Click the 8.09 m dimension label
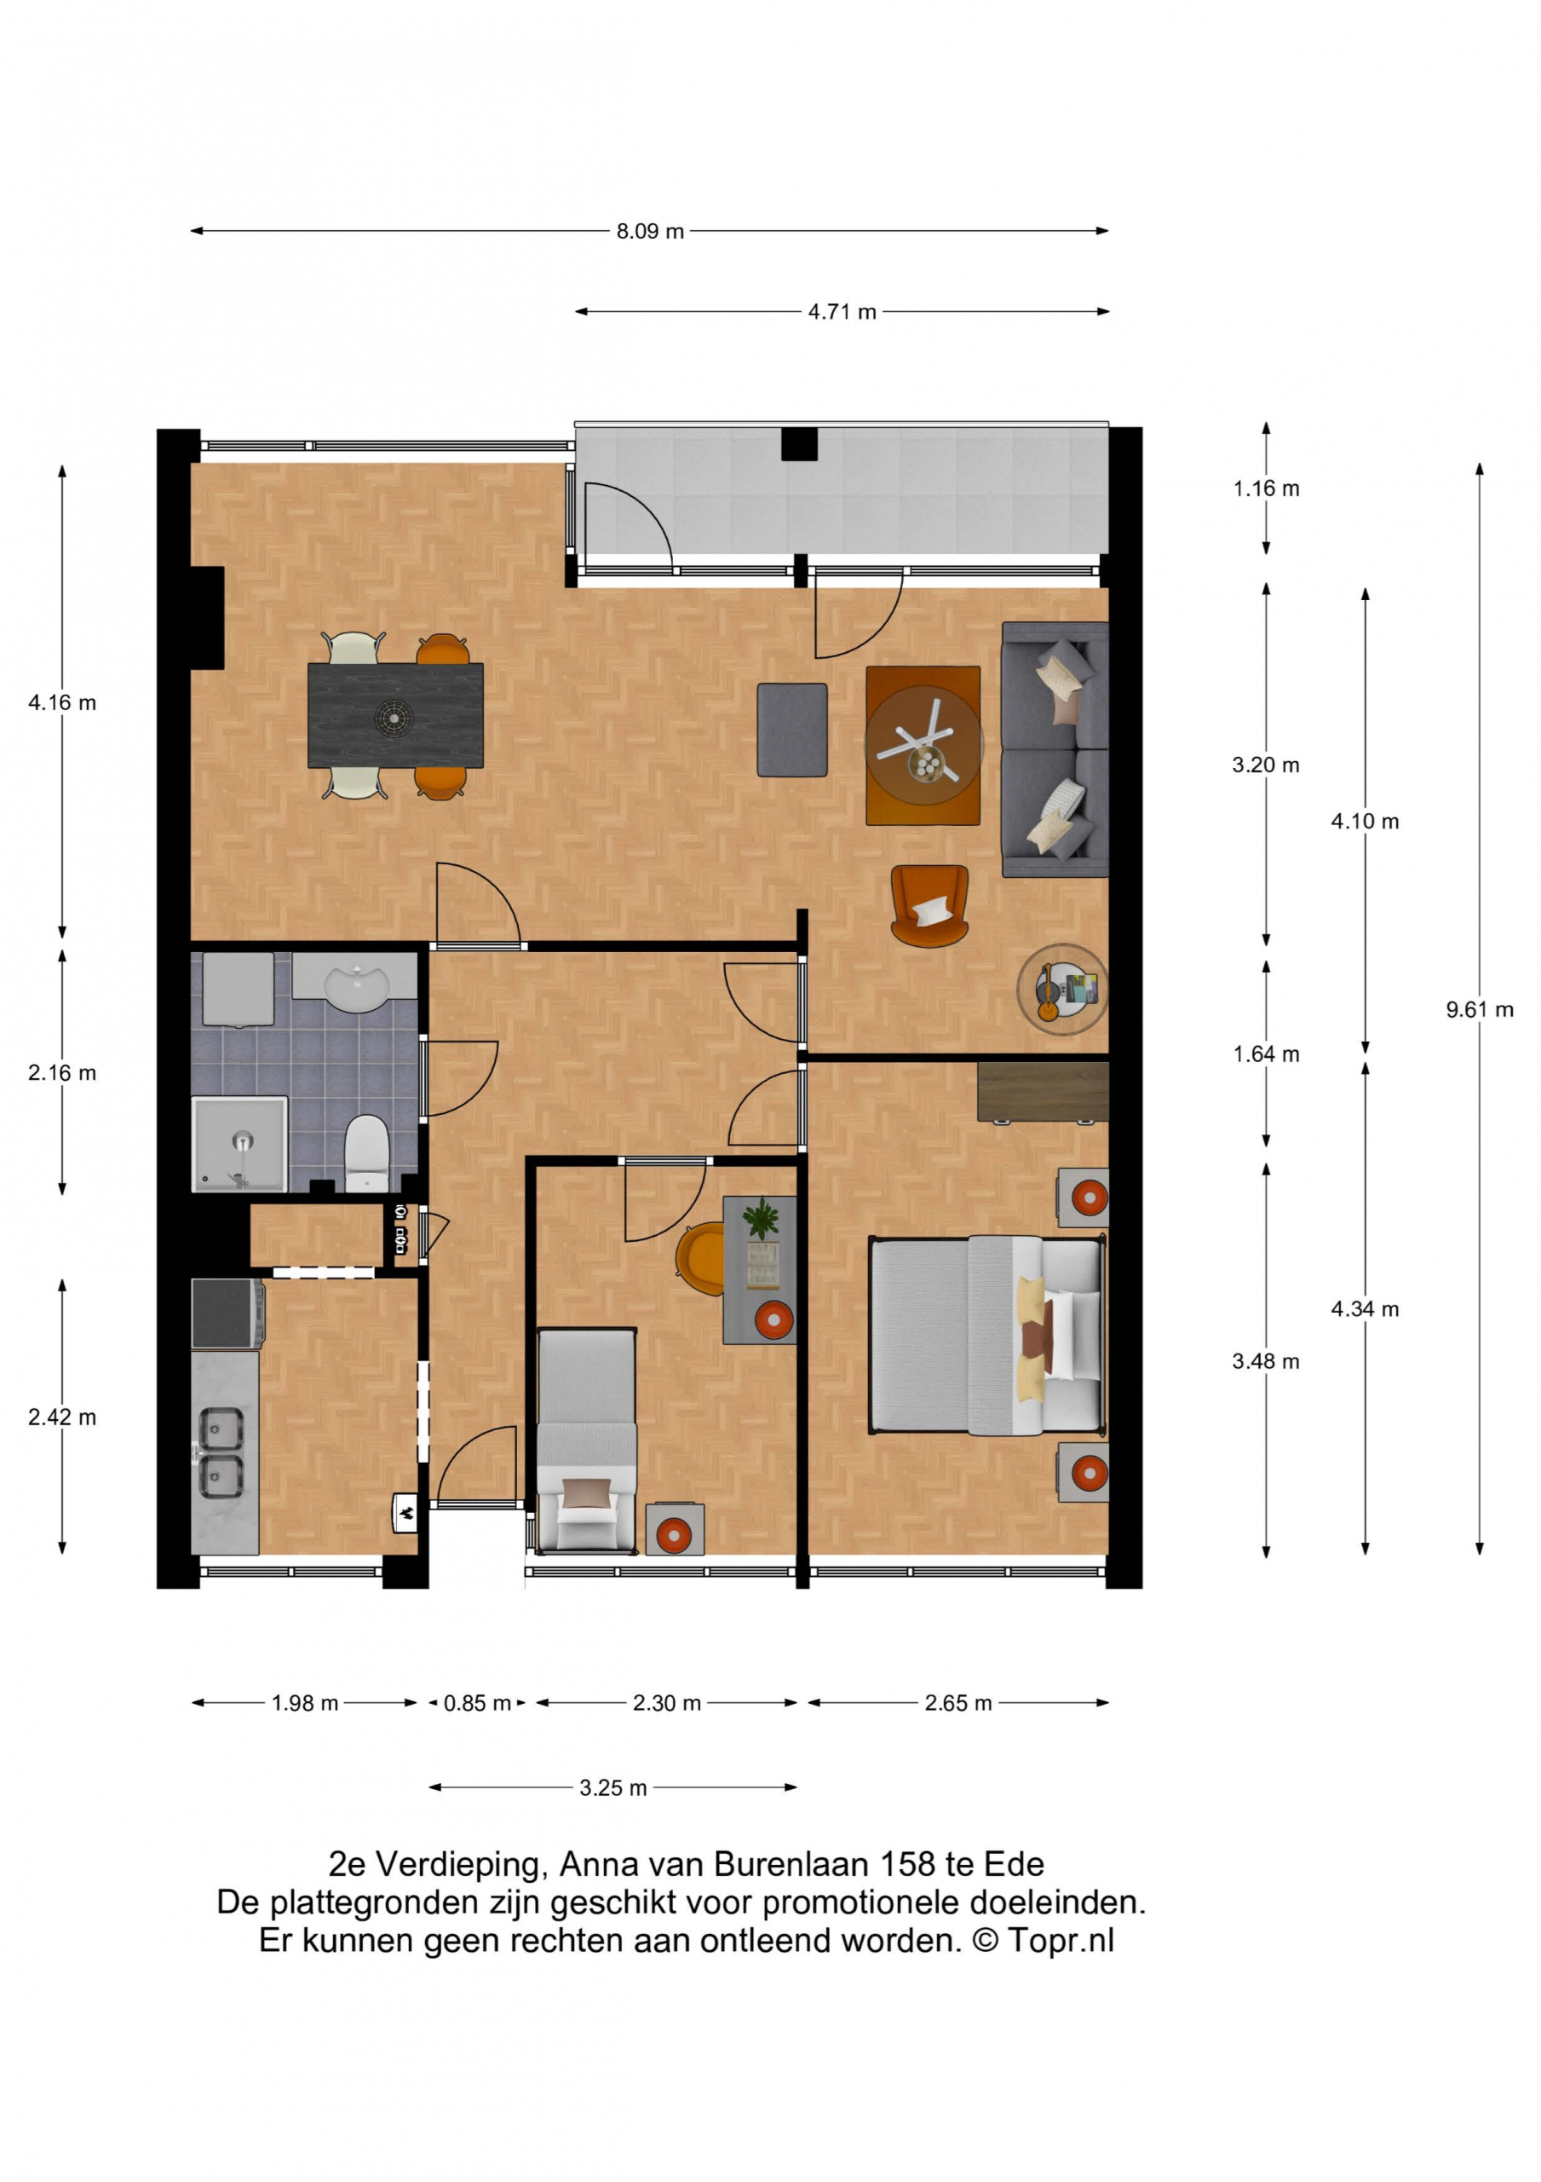tap(650, 231)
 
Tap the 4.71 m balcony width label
tap(842, 312)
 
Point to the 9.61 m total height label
tap(1480, 1009)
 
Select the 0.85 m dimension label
tap(477, 1703)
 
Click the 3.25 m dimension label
tap(612, 1787)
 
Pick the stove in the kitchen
tap(227, 1313)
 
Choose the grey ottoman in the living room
tap(792, 730)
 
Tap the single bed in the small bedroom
tap(587, 1440)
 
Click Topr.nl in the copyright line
tap(1061, 1940)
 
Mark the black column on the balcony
tap(799, 444)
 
